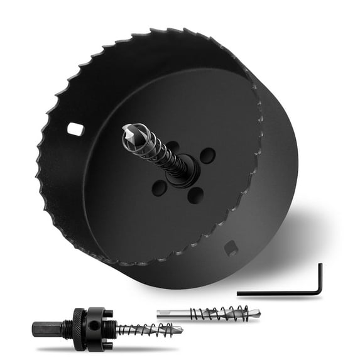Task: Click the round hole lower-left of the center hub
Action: (x=160, y=187)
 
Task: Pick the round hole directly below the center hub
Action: (x=195, y=194)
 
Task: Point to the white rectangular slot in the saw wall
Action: (x=76, y=130)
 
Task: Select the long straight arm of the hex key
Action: (x=276, y=293)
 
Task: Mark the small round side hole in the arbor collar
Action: (x=95, y=325)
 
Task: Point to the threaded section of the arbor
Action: (x=112, y=326)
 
